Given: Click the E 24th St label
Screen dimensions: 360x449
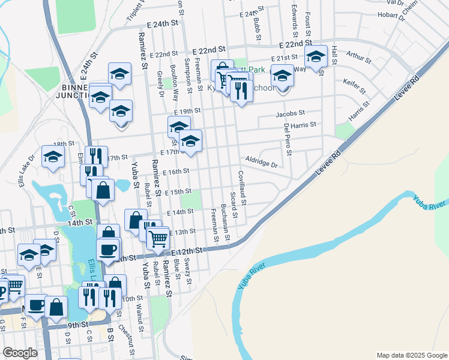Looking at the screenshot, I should click(x=163, y=25).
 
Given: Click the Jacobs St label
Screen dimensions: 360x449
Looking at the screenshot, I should click(x=291, y=113).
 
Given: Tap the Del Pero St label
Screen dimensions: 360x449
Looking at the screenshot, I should click(x=286, y=139).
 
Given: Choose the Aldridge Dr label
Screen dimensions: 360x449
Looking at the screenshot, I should click(x=262, y=162).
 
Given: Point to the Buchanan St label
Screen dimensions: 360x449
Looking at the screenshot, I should click(x=225, y=221).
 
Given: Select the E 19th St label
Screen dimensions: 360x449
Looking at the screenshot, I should click(x=187, y=112).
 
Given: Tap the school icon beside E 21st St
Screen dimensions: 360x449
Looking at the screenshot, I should click(x=315, y=57).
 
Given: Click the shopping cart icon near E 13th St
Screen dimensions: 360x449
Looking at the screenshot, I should click(x=158, y=238).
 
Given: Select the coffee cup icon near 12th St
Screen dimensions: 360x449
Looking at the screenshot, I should click(x=108, y=249).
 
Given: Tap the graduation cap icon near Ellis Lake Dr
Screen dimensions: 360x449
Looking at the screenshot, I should click(x=53, y=157).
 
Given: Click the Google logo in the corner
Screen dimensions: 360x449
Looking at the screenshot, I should click(x=20, y=353).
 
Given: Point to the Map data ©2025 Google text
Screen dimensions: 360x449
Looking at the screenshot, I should click(x=411, y=355).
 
